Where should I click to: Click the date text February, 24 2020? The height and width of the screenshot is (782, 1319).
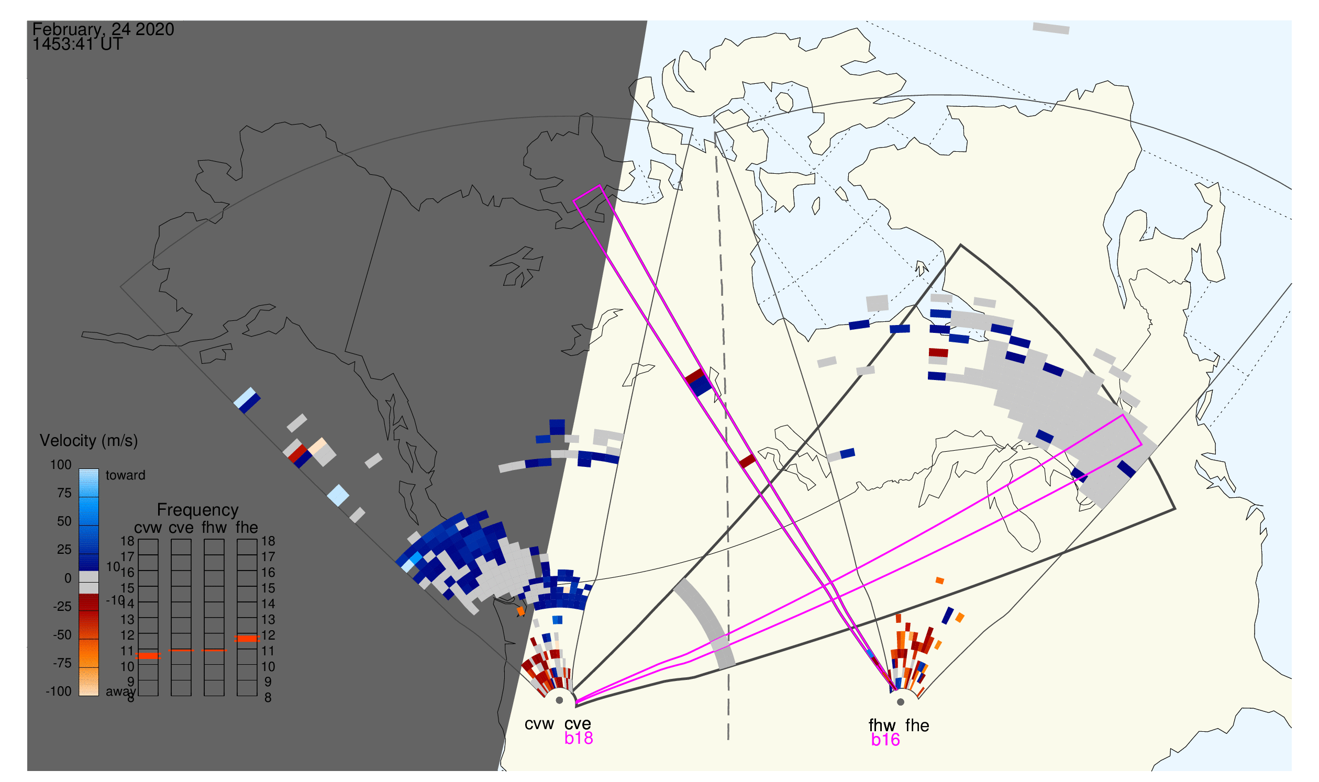(x=103, y=29)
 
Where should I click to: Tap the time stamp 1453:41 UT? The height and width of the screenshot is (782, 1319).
(x=77, y=44)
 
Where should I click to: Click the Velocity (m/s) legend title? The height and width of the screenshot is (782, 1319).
(x=89, y=441)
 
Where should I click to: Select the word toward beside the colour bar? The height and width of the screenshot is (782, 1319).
(x=126, y=475)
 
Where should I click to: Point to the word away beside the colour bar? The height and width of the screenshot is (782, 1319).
(x=121, y=692)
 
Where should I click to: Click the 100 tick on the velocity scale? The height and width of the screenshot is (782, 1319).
(x=61, y=465)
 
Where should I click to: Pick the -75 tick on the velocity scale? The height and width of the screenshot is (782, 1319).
(x=62, y=663)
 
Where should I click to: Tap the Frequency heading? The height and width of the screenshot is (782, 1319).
(x=198, y=510)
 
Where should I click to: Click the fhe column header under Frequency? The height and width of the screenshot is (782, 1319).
(x=247, y=528)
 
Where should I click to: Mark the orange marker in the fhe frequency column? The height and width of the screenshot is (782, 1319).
(x=247, y=639)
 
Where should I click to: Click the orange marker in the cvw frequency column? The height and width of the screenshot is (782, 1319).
(x=148, y=656)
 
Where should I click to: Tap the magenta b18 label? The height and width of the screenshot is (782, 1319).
(x=579, y=739)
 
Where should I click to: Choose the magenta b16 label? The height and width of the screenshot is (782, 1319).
(x=885, y=740)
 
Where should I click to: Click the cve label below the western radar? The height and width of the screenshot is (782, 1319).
(x=578, y=724)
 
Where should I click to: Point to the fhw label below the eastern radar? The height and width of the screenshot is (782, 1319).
(x=882, y=725)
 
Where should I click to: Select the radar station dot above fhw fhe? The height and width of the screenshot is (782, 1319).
(x=901, y=702)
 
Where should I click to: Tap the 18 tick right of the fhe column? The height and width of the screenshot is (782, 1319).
(x=268, y=541)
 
